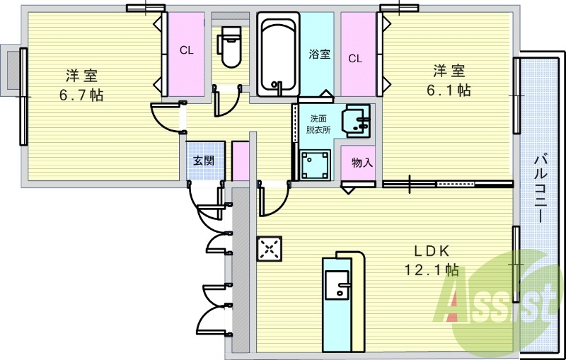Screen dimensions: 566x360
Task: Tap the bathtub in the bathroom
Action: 278,54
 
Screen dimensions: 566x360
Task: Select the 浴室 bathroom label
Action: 320,54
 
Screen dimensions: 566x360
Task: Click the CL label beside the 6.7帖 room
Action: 187,50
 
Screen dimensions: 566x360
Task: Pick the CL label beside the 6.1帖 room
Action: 355,59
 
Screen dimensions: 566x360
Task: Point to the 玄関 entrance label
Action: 204,161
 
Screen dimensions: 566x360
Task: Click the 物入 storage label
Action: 362,163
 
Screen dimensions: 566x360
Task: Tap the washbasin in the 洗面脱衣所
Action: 357,121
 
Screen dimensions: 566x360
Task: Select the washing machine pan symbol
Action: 316,165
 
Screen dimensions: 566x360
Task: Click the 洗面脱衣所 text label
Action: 318,124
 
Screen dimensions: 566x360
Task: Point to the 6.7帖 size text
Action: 81,95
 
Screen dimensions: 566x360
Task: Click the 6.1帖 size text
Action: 449,91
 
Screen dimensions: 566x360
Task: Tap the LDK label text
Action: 432,250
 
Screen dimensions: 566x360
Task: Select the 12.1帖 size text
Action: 432,269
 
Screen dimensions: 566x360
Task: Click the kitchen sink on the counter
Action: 337,285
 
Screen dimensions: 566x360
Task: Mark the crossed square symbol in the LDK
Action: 270,248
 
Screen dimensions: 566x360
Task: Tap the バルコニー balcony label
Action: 541,188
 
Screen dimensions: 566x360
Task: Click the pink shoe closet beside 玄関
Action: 241,161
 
